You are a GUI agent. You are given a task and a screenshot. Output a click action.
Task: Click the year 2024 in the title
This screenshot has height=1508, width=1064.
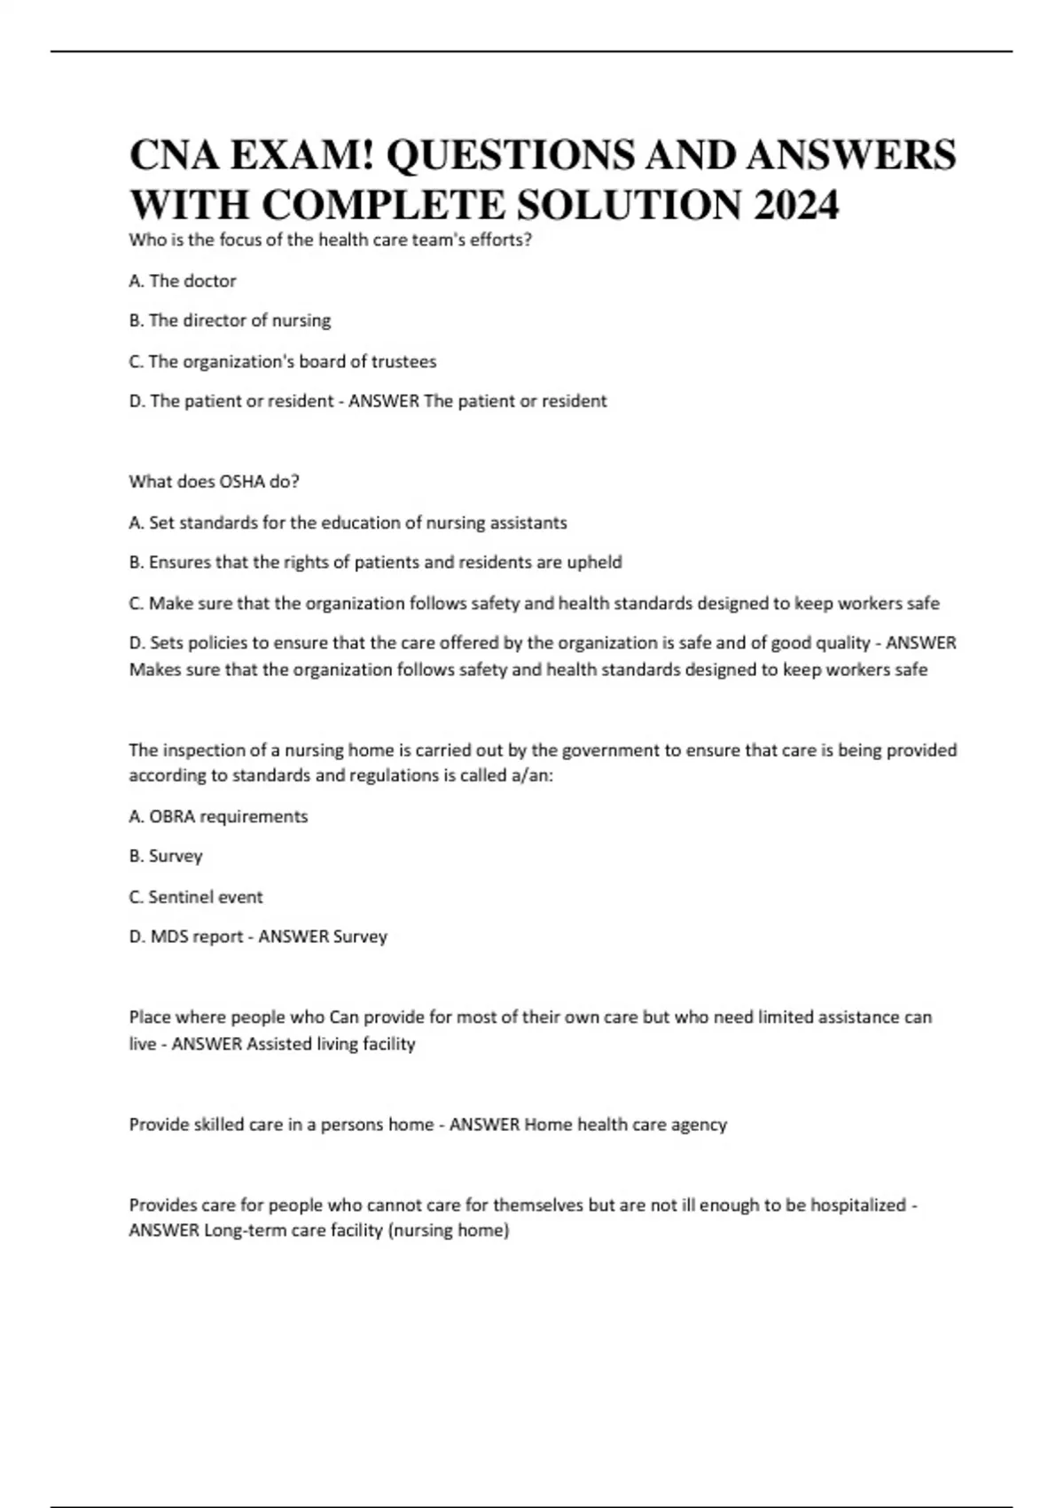[x=795, y=206]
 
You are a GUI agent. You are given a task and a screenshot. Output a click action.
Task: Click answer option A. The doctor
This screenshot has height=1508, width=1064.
[x=183, y=281]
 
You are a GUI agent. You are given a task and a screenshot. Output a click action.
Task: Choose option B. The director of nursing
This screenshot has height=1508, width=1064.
[x=230, y=320]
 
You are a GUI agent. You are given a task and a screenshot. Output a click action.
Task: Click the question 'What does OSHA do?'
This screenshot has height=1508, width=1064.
[x=214, y=482]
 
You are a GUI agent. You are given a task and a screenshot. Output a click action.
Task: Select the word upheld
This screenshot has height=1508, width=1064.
[x=595, y=562]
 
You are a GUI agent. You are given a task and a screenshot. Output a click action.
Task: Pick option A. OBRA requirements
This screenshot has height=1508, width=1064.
[x=218, y=816]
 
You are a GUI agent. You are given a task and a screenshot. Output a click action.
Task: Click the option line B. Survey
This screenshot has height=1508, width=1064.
[x=166, y=856]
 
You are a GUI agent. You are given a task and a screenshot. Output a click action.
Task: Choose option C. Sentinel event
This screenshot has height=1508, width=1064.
[x=195, y=897]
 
